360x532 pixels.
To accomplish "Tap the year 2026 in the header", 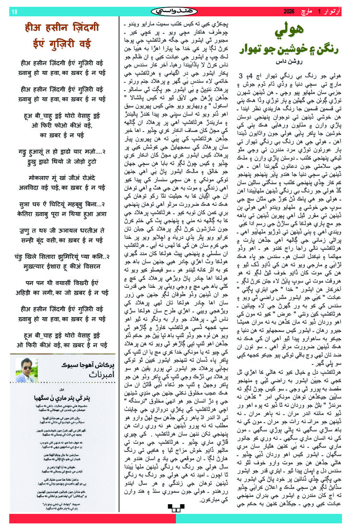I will click(291, 11).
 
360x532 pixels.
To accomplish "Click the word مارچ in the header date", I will click(312, 11).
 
